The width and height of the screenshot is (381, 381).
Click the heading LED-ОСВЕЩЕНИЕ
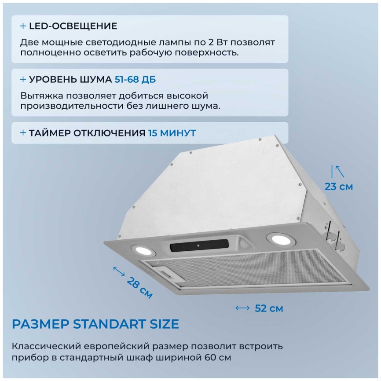click(x=73, y=26)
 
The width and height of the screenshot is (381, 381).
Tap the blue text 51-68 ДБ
click(x=135, y=80)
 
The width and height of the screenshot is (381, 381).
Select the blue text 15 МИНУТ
click(x=172, y=133)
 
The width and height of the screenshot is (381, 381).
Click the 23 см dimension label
click(x=339, y=187)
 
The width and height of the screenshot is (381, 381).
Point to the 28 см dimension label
click(x=139, y=287)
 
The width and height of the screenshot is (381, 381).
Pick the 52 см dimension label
click(x=269, y=308)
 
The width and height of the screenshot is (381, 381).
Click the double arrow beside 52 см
click(x=242, y=308)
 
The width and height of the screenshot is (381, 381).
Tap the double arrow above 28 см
click(x=119, y=271)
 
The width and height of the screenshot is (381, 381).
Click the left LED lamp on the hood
click(x=143, y=250)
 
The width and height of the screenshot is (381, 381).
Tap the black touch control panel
click(x=199, y=245)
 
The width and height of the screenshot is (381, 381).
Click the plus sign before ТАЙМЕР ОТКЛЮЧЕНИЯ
click(x=23, y=133)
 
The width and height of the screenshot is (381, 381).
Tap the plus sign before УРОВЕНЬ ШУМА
click(x=23, y=79)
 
